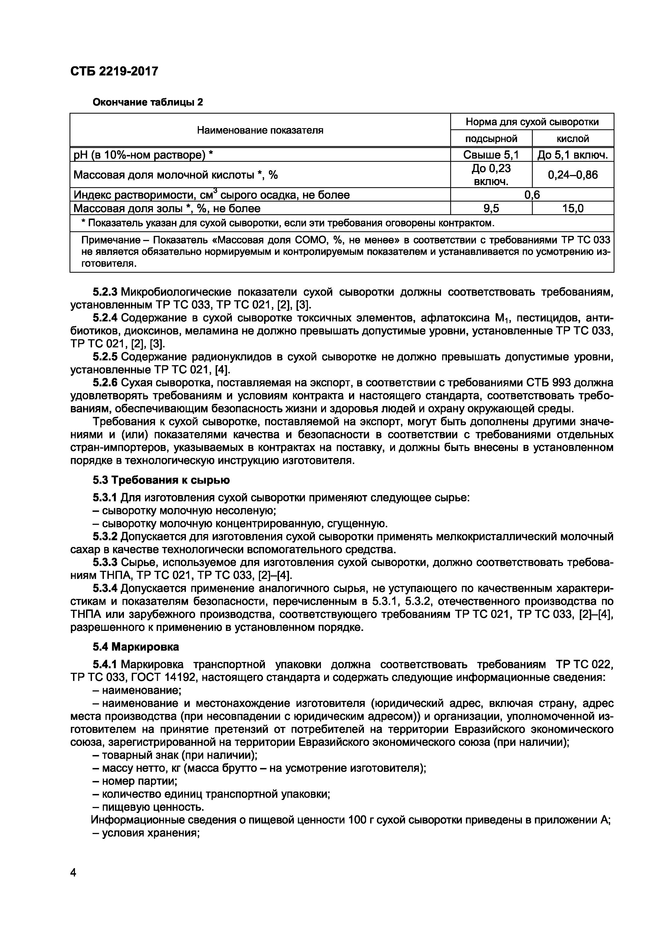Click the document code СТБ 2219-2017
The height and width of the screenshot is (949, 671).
click(114, 71)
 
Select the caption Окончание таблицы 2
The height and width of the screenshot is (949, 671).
click(148, 102)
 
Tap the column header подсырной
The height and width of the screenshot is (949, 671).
click(491, 139)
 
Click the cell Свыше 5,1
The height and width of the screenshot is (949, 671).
click(491, 154)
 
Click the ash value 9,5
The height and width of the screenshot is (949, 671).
click(491, 208)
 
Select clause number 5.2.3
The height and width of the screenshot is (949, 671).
click(105, 292)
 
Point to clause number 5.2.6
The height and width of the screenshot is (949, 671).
click(105, 383)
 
